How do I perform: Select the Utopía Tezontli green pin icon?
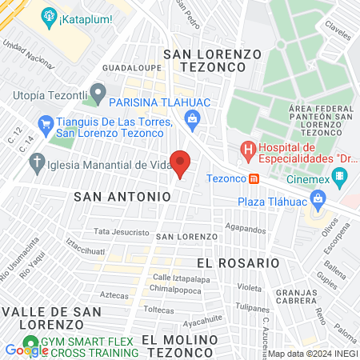point(98,95)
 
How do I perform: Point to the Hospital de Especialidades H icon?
point(249,150)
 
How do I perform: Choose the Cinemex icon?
point(339,180)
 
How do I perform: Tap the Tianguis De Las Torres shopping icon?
point(45,124)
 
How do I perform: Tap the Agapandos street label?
point(245,228)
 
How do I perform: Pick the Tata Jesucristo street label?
point(122,232)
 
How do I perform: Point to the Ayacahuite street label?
point(202,323)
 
